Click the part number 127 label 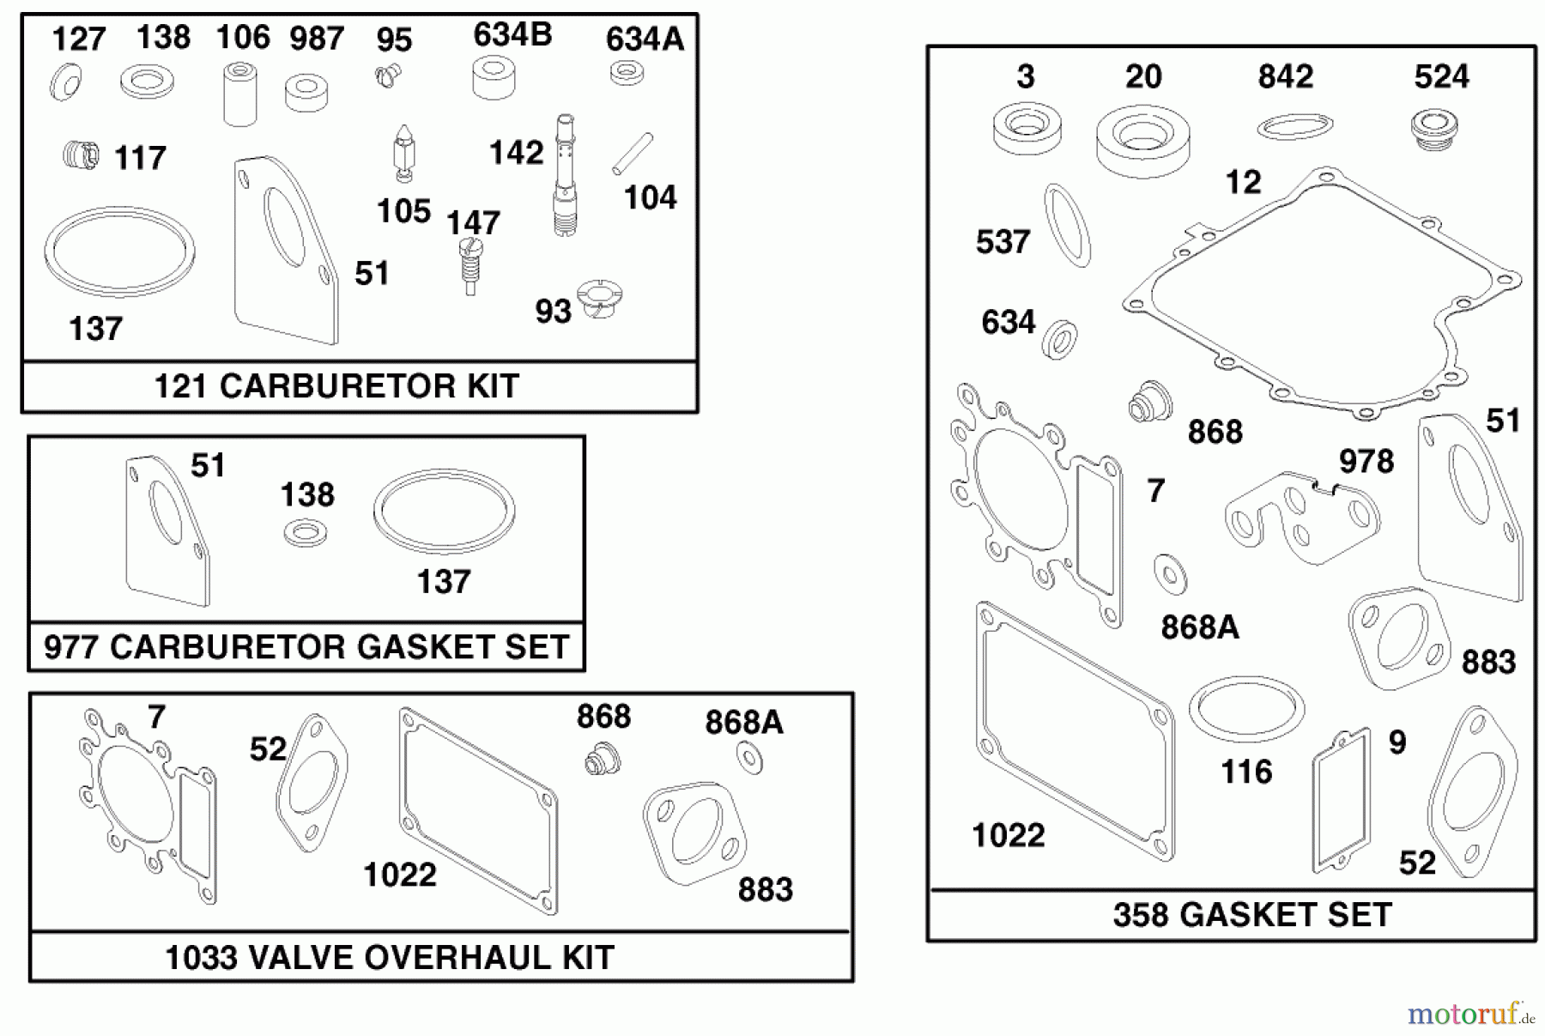point(79,39)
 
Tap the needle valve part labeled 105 point(403,152)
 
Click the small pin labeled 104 point(633,154)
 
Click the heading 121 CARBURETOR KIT point(336,386)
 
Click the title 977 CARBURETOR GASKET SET point(306,646)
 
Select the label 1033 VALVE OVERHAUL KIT point(389,957)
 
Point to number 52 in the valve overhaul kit point(268,749)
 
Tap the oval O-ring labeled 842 point(1294,127)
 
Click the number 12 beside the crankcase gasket point(1243,182)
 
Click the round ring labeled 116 point(1246,708)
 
